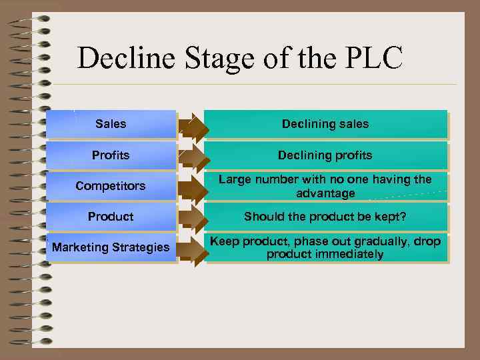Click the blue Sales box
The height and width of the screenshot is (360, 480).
(111, 124)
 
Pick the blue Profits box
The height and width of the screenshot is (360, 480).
(111, 155)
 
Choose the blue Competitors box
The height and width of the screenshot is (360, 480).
(111, 186)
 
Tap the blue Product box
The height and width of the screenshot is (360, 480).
(111, 217)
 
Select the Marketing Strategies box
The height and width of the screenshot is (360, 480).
(111, 247)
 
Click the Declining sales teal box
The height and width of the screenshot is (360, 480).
(325, 124)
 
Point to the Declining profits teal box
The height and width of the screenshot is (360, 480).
(325, 155)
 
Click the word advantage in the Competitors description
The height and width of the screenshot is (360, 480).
(325, 193)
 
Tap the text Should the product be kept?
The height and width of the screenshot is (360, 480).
(325, 217)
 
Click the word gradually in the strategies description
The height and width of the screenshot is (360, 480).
(373, 241)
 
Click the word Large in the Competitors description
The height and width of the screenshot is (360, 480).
(235, 179)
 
